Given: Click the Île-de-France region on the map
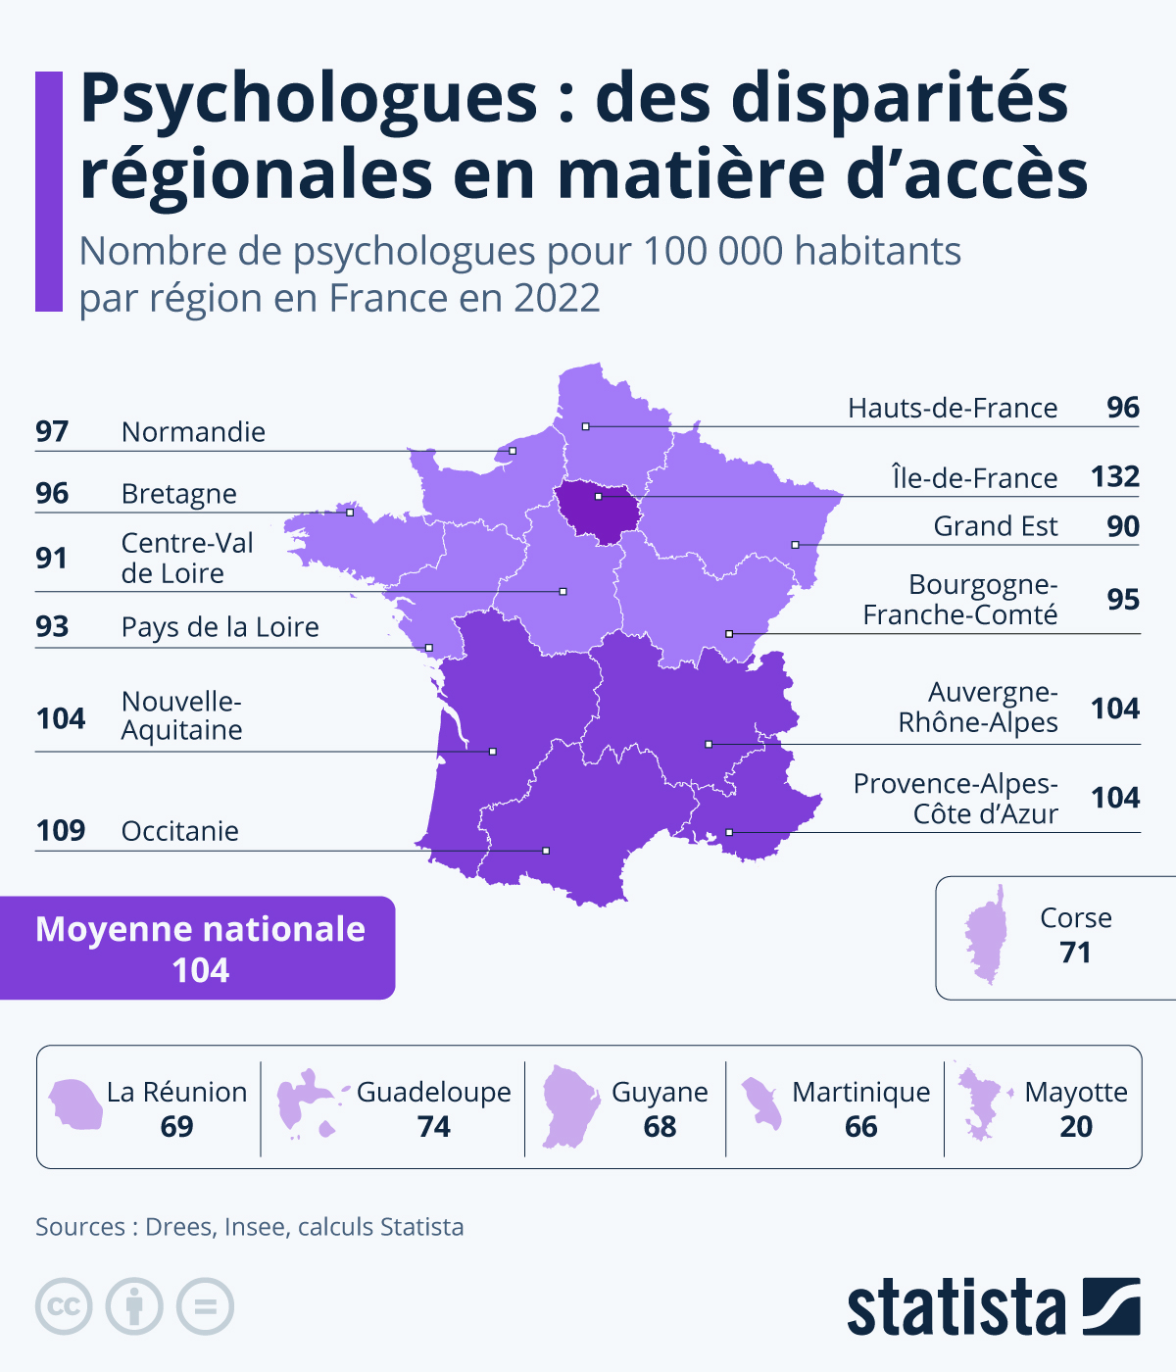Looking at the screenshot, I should click(593, 511).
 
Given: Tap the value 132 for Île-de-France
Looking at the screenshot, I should click(1115, 477).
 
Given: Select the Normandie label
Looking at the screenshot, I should click(193, 432).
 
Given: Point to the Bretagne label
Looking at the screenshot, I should click(178, 494).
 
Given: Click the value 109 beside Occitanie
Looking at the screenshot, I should click(61, 831).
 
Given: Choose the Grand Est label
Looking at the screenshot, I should click(995, 527).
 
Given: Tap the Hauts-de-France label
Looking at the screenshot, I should click(953, 409).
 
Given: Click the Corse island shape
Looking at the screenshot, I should click(987, 936).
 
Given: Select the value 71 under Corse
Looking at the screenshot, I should click(1075, 953).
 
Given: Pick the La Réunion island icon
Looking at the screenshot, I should click(76, 1104).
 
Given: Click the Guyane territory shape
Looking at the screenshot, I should click(569, 1105).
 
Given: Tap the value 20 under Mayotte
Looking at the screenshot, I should click(1075, 1127).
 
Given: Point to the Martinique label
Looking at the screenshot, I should click(860, 1092).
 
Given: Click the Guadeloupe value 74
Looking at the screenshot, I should click(433, 1127).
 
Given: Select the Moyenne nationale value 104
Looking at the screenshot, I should click(200, 970).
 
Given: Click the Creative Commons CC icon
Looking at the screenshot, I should click(64, 1306).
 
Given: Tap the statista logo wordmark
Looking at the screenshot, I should click(955, 1307).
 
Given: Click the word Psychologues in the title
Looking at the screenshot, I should click(309, 100).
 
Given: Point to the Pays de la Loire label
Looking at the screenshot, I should click(220, 627).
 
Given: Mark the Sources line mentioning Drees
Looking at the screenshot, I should click(249, 1227).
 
